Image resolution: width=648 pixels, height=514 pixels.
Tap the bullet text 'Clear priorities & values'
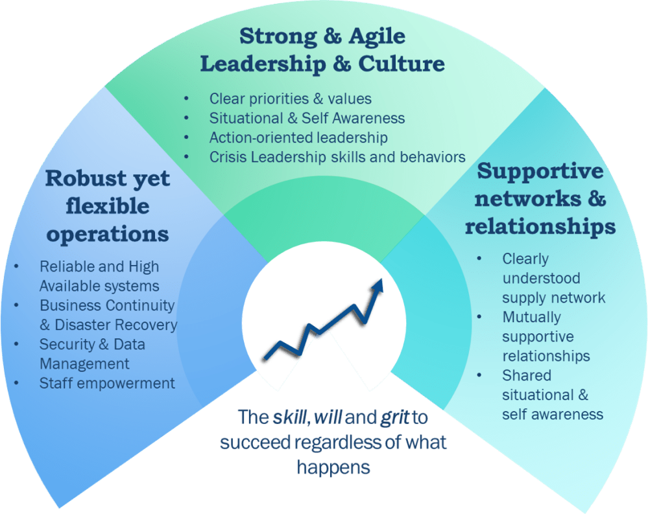(290, 99)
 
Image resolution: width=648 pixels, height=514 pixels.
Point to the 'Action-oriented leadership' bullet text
(298, 137)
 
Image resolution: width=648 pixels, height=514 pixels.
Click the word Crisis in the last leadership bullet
(227, 157)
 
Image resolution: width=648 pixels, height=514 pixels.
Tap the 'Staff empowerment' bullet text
(107, 383)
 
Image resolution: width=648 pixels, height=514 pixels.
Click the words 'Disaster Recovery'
(116, 325)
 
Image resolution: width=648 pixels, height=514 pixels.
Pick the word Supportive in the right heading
(540, 171)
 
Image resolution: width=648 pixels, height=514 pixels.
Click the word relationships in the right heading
(540, 226)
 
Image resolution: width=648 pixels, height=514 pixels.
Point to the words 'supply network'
(553, 298)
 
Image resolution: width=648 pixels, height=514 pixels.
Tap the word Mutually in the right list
(531, 317)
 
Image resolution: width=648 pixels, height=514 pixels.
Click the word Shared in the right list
(526, 375)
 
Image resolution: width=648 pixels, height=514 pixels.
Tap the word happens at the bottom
(333, 466)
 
